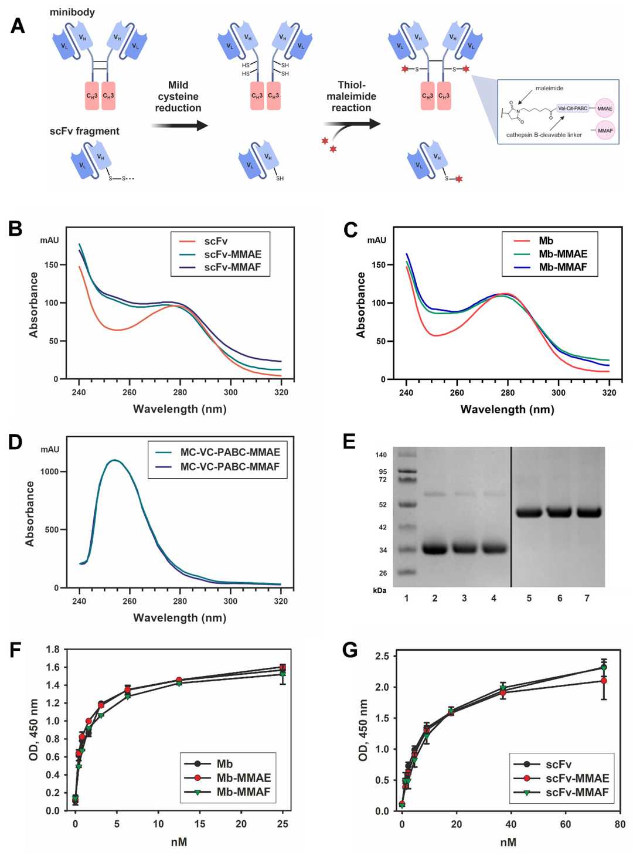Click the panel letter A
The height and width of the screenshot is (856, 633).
(x=18, y=26)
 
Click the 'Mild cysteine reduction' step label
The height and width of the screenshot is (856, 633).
(x=178, y=97)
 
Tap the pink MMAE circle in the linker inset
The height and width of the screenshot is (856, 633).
(x=604, y=108)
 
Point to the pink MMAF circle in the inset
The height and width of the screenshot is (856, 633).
(x=605, y=131)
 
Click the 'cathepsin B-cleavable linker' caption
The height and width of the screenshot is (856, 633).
(x=544, y=135)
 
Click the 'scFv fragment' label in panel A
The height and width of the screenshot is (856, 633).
(x=84, y=131)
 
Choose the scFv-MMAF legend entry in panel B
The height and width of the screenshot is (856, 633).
(x=232, y=267)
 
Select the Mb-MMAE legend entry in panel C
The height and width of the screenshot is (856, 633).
(x=562, y=254)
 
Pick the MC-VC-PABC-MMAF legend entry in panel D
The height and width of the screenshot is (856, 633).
(x=229, y=467)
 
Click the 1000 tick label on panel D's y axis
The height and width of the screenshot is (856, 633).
(x=50, y=472)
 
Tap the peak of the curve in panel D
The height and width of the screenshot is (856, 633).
(x=114, y=460)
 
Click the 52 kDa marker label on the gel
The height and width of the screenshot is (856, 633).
(x=383, y=505)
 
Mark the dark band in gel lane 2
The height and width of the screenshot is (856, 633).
(x=435, y=549)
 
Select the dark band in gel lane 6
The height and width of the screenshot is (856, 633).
(x=559, y=512)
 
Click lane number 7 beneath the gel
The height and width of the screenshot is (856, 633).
(x=587, y=598)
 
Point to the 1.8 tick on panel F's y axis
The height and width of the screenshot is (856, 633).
(x=53, y=649)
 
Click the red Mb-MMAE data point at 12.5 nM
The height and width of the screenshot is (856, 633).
(x=179, y=680)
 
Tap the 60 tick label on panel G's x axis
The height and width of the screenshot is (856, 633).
(x=566, y=824)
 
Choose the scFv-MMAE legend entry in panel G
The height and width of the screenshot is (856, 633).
(x=577, y=778)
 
